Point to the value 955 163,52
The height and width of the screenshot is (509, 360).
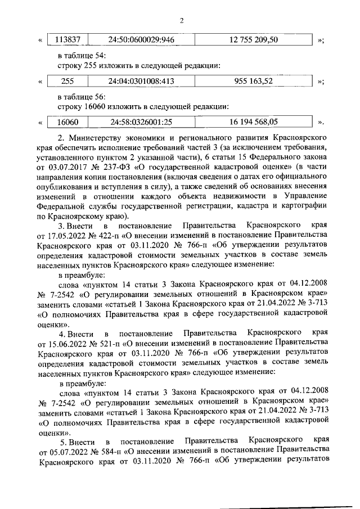[x=254, y=81]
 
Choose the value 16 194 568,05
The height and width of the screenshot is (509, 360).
[x=254, y=121]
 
